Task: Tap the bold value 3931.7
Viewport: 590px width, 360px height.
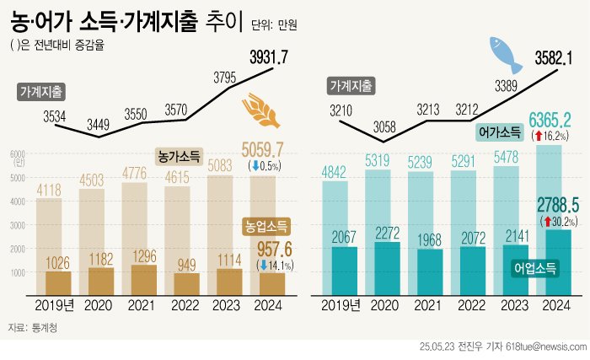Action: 269,56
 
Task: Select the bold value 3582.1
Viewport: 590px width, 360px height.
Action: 554,57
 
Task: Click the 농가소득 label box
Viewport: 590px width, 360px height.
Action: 180,156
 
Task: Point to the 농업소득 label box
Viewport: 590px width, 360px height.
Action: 266,226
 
